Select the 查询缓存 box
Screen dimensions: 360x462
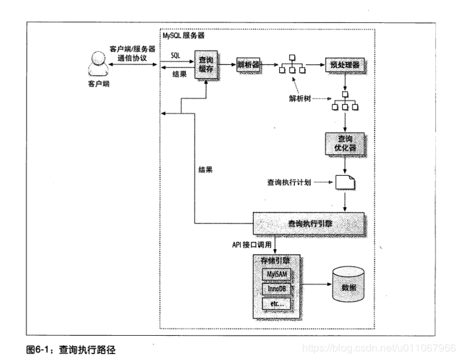tap(208, 64)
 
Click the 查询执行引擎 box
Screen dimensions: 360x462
tap(309, 224)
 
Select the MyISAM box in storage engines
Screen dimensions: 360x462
tap(276, 272)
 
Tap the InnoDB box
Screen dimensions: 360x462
tap(276, 288)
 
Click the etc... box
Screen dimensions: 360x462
tap(276, 304)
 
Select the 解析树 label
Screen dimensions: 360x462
tap(299, 98)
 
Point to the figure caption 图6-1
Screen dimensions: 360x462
tap(72, 350)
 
